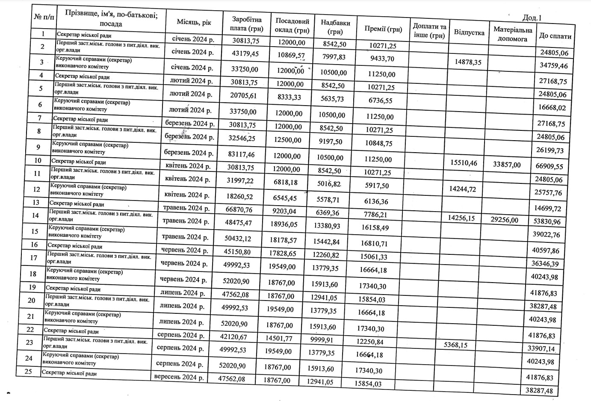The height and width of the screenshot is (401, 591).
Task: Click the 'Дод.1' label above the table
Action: [x=532, y=18]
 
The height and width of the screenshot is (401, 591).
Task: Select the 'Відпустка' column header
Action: [x=469, y=32]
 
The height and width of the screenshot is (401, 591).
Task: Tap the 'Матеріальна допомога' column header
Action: [x=512, y=34]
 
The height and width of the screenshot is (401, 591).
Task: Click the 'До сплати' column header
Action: [x=555, y=36]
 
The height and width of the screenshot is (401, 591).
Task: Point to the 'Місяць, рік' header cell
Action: [x=194, y=22]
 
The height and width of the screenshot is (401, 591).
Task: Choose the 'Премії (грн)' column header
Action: [x=383, y=29]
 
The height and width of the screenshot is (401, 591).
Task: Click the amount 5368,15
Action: [x=455, y=345]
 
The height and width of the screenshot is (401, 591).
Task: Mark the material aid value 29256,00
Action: [x=505, y=220]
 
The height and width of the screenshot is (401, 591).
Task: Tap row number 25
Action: [x=28, y=371]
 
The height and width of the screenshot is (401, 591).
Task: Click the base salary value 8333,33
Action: [x=289, y=97]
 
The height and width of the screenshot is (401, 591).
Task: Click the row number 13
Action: [x=35, y=202]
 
